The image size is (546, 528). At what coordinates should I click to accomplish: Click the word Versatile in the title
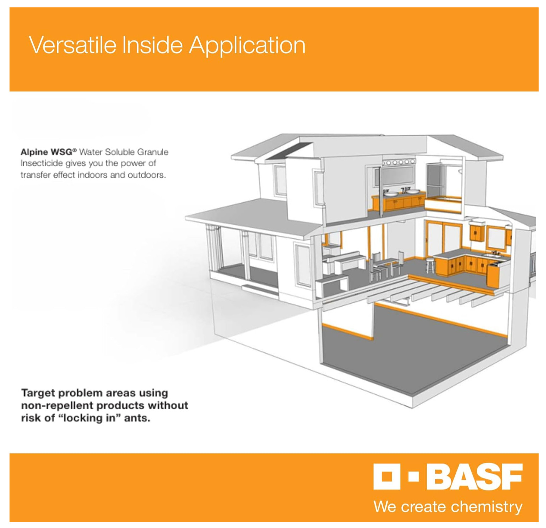tap(72, 45)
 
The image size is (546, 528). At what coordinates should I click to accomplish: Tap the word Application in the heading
tap(247, 46)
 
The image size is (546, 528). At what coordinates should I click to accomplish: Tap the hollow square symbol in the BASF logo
tap(386, 477)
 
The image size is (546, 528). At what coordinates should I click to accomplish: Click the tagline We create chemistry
tap(448, 507)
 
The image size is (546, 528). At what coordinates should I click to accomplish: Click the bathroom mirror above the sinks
tap(398, 176)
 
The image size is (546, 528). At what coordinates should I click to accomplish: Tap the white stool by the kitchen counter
tap(430, 265)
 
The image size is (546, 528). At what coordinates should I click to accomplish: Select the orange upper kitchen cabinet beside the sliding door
tap(477, 232)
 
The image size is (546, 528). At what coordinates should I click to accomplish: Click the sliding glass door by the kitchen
tap(444, 238)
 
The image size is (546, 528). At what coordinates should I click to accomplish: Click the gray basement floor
tap(416, 352)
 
